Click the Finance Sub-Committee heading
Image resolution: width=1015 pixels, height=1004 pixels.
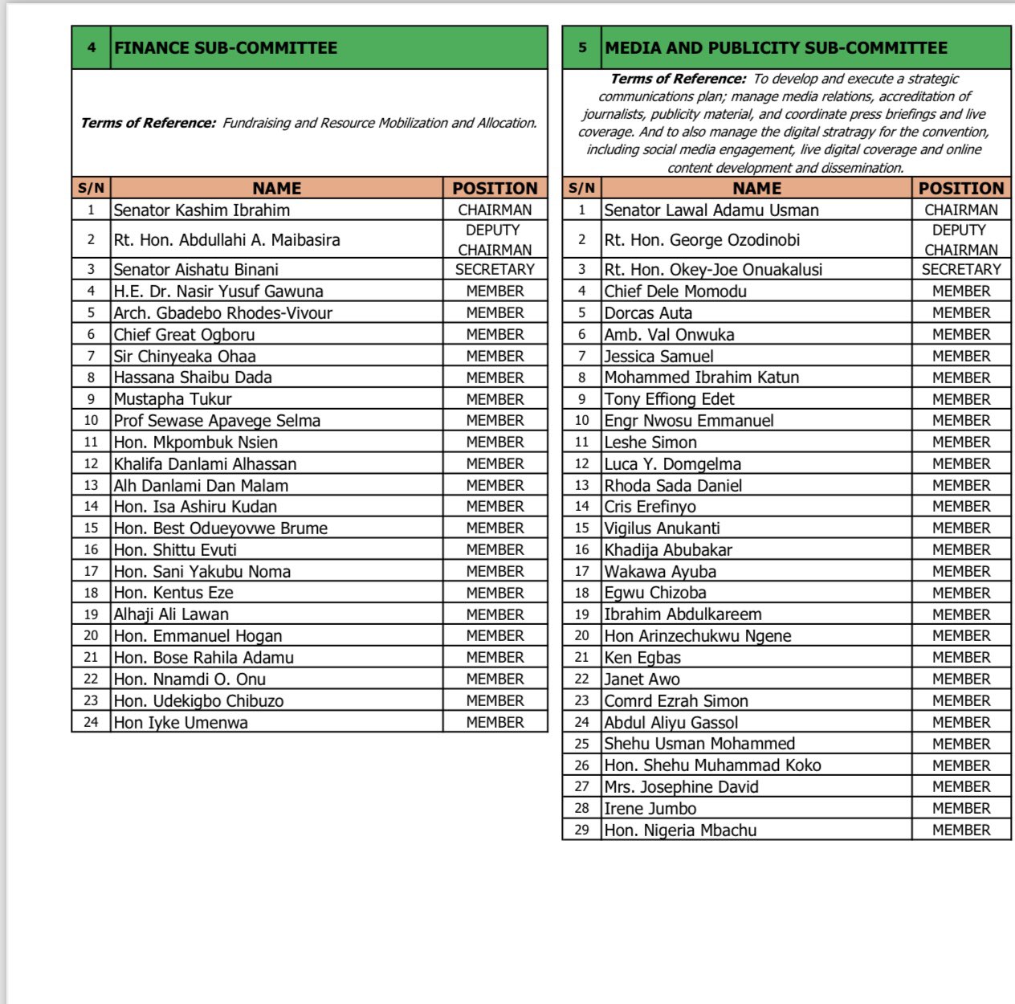click(x=226, y=47)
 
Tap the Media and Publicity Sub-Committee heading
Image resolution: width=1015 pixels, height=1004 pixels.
click(x=776, y=47)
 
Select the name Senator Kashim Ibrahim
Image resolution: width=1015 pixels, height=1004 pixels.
click(x=202, y=210)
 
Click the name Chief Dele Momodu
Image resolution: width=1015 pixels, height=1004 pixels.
click(x=675, y=292)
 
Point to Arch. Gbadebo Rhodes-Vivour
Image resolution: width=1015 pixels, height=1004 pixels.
click(x=222, y=313)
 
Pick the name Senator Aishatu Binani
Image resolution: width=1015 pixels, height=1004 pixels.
click(x=196, y=270)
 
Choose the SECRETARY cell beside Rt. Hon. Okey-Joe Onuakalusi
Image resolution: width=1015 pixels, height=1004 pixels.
click(x=961, y=270)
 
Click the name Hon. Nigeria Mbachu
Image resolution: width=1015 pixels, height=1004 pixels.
click(x=680, y=831)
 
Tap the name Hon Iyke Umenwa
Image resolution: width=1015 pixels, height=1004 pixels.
click(x=181, y=723)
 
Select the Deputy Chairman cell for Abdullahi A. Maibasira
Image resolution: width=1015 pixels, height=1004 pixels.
click(x=495, y=239)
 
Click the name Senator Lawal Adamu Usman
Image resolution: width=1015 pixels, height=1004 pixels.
click(x=711, y=210)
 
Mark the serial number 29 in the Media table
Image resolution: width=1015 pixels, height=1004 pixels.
click(x=581, y=831)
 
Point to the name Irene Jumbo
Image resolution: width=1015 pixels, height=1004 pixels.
click(x=650, y=809)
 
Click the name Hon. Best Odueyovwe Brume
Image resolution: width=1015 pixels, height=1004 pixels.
click(x=220, y=529)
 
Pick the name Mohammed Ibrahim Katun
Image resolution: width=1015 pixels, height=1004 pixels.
click(x=701, y=378)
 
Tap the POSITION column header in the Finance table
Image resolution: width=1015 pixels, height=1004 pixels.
click(x=495, y=189)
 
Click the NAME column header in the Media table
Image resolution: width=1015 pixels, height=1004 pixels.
click(x=756, y=189)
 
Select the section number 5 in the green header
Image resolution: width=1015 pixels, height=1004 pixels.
click(x=582, y=47)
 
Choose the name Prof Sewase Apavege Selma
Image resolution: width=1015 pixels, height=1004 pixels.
click(x=217, y=421)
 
